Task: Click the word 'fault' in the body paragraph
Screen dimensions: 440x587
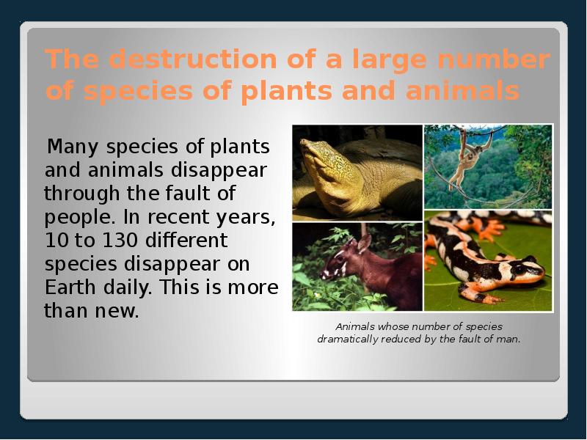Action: coord(194,194)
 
